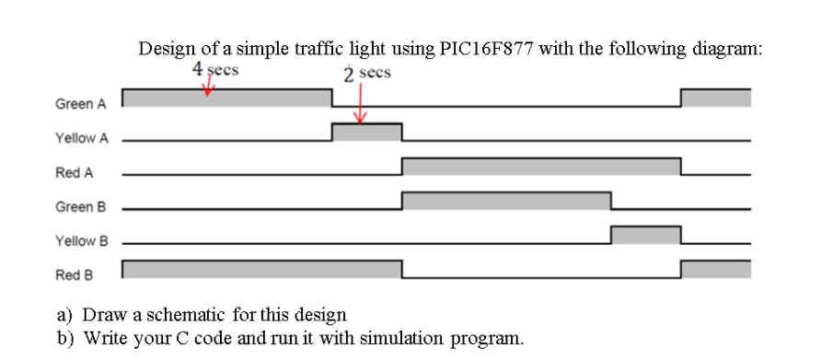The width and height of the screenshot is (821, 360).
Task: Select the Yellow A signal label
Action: click(x=81, y=138)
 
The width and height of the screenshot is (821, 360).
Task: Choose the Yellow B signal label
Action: click(x=81, y=240)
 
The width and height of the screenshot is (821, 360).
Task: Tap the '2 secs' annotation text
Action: click(x=367, y=73)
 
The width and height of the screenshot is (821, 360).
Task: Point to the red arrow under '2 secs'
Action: click(x=360, y=103)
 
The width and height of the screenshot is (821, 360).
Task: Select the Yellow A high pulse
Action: click(x=366, y=133)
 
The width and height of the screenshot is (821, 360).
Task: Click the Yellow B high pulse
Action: click(x=645, y=235)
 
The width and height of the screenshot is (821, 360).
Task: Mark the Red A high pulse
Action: click(x=541, y=167)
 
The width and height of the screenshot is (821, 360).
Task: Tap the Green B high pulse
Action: click(x=506, y=201)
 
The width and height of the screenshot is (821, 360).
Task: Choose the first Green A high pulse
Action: click(x=226, y=98)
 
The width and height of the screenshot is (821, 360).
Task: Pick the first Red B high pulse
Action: click(x=261, y=269)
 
